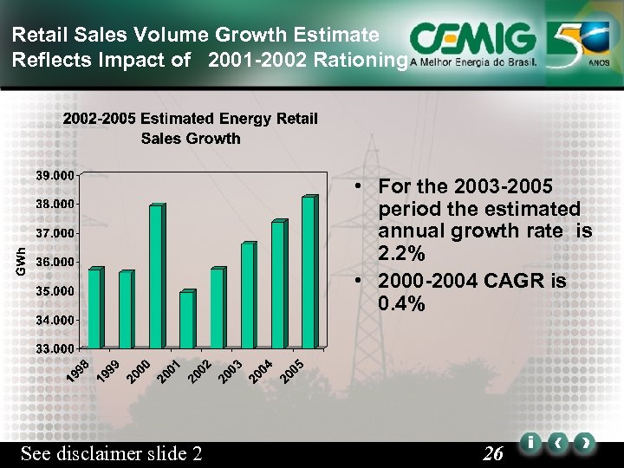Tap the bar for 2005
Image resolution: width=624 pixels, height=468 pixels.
[308, 272]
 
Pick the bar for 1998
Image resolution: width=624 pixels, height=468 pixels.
[95, 308]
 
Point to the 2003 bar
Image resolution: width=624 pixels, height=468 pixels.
[247, 295]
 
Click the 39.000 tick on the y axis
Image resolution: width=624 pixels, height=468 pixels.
[55, 175]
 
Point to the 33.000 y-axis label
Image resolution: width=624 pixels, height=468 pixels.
[55, 348]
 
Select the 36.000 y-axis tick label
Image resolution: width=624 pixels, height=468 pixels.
[55, 262]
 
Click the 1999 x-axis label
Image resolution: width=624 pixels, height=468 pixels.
[109, 368]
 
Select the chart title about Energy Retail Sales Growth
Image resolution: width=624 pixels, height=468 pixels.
[191, 128]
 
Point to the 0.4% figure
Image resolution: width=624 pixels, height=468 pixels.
[402, 304]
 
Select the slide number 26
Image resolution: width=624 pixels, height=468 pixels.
[493, 453]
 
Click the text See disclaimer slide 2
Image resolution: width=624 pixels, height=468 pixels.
[111, 453]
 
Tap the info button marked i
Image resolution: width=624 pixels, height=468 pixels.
[529, 443]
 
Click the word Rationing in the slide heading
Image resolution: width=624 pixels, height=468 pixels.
[364, 61]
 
